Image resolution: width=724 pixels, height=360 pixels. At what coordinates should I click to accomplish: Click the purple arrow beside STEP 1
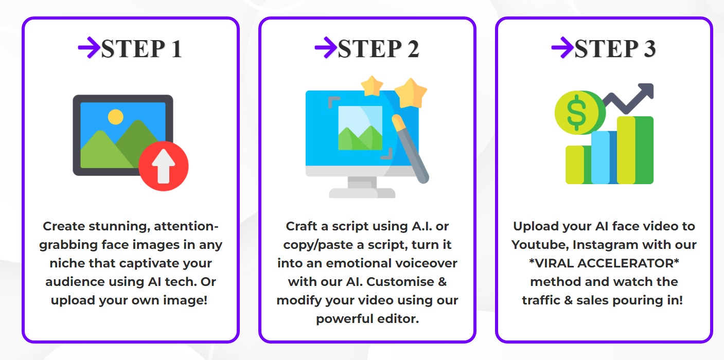point(89,48)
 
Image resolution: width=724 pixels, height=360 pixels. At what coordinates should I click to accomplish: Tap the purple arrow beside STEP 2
point(325,48)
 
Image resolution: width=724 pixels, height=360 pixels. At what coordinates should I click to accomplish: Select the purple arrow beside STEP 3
point(562,48)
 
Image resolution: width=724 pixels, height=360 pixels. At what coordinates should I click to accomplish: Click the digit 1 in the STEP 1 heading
point(176,49)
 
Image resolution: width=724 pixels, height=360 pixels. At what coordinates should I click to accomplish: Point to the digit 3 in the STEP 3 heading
point(649,49)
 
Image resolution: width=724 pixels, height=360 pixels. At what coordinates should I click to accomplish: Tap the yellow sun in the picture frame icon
point(116,117)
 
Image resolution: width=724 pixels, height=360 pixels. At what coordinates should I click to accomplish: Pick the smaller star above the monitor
point(372,86)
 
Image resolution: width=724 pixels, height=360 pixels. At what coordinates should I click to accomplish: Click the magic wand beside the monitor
point(411,149)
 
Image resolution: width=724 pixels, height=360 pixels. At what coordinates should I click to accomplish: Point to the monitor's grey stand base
point(362,193)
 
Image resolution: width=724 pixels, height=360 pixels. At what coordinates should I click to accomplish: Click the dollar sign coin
point(576,113)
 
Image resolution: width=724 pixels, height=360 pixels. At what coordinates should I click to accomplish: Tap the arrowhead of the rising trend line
point(645,92)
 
